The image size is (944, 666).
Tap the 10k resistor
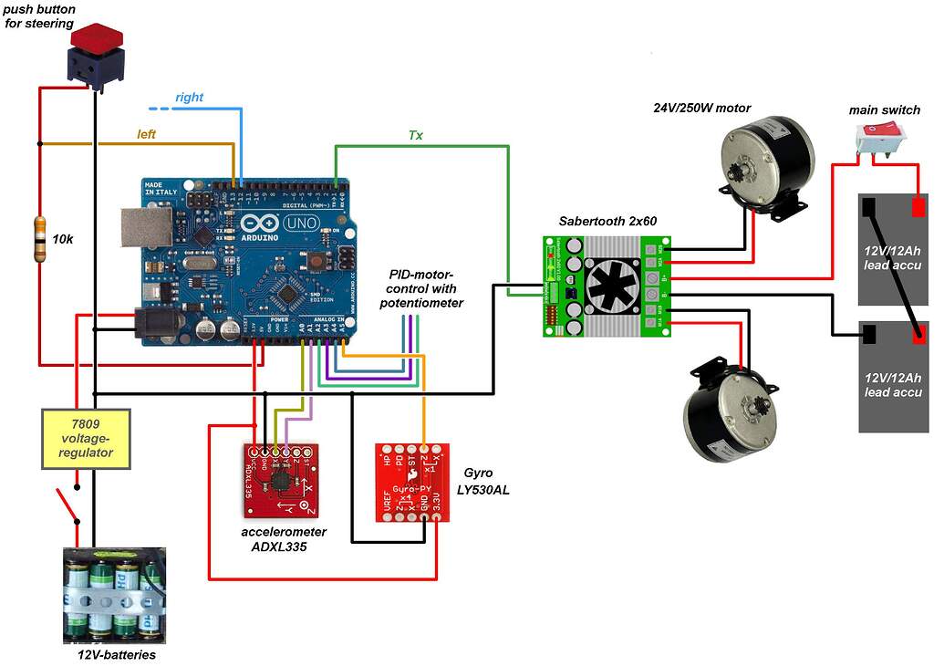point(39,239)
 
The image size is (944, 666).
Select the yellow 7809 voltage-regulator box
point(87,439)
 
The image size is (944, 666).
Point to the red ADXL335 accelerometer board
point(280,480)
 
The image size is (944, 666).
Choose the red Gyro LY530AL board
point(412,483)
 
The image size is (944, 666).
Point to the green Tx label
point(415,135)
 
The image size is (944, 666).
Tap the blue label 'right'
point(189,97)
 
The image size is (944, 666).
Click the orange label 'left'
point(146,134)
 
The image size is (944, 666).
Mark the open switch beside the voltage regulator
point(66,504)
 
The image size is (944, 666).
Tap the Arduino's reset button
point(314,262)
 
